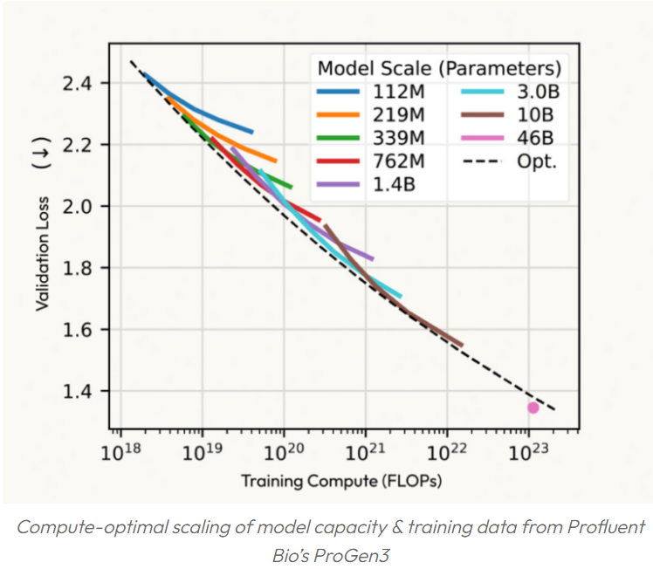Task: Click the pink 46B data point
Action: [533, 408]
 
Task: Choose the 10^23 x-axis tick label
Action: [528, 452]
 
